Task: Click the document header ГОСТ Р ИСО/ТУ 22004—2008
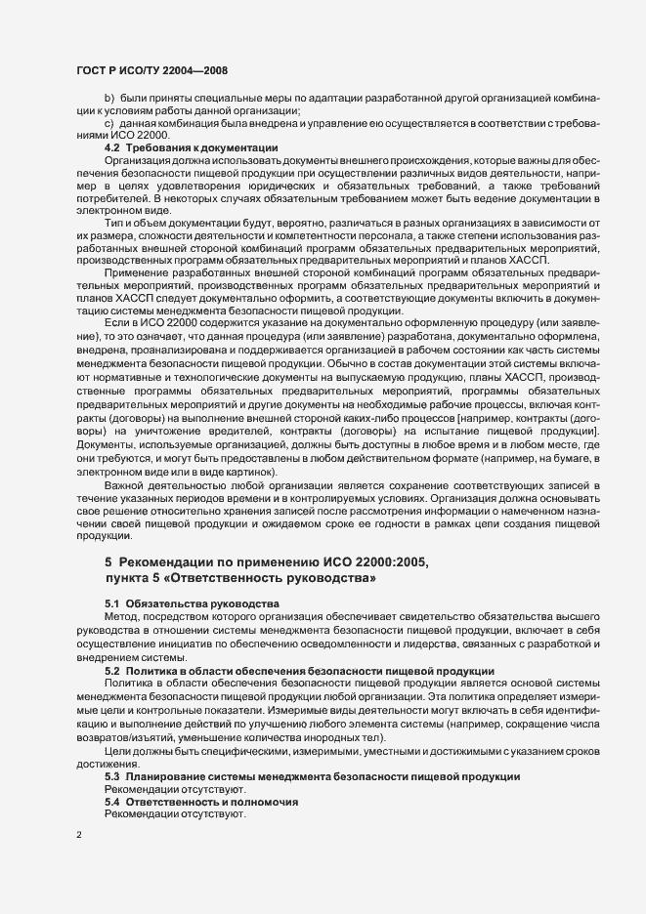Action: [151, 70]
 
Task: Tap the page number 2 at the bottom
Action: [78, 837]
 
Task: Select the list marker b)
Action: [109, 100]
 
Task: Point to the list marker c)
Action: [109, 124]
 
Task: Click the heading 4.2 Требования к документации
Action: [191, 147]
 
